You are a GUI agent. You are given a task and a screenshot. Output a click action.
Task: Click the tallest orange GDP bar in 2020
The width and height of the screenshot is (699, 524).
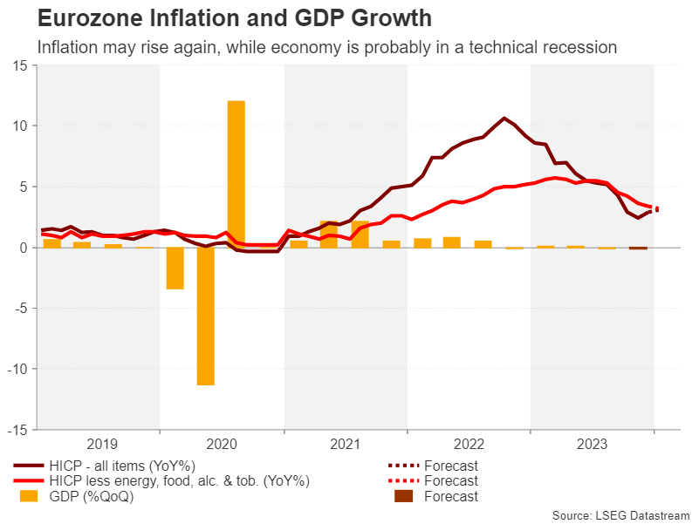tap(236, 174)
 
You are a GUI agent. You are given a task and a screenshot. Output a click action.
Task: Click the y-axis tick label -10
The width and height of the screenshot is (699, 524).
tap(17, 369)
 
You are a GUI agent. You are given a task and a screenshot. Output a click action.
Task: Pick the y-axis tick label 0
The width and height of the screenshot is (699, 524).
tap(24, 248)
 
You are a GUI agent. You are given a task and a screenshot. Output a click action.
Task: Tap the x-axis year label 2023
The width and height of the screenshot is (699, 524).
tap(593, 445)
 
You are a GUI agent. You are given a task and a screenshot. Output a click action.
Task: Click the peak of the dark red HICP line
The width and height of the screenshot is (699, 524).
tap(504, 118)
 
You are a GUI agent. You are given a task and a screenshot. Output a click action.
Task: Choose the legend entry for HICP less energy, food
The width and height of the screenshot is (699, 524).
tap(178, 481)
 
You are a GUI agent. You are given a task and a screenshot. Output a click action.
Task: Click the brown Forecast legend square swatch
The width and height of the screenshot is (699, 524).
tap(404, 496)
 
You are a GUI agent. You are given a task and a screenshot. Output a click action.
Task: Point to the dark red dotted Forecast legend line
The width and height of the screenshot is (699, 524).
tap(404, 466)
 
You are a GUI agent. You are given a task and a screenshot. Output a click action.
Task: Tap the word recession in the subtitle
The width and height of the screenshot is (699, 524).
tap(578, 47)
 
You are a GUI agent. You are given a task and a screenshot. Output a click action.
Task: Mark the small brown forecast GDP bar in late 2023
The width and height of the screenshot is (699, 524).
tap(638, 248)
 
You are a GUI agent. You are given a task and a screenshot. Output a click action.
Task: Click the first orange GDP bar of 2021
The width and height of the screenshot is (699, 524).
tap(298, 243)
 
